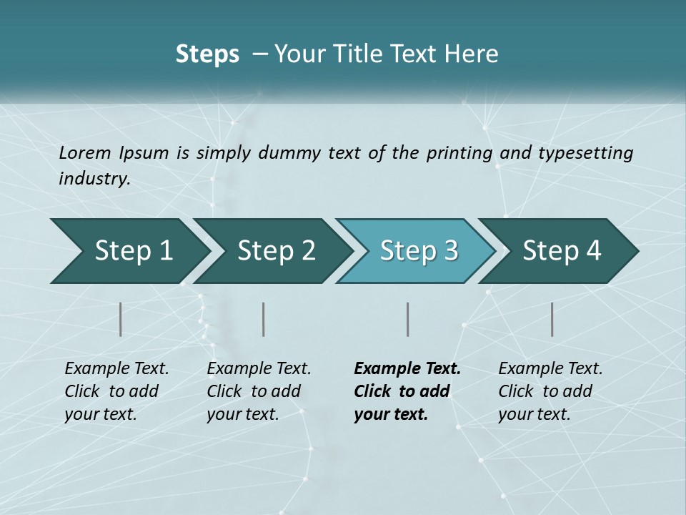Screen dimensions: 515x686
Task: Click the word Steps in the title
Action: point(207,54)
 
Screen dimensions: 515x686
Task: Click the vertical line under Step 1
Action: point(121,319)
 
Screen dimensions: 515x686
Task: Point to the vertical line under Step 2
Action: point(264,319)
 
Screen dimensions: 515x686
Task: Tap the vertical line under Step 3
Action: point(408,319)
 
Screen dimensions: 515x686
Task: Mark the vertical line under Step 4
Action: point(552,319)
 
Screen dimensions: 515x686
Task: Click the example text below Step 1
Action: point(116,391)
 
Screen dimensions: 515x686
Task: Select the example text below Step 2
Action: point(259,391)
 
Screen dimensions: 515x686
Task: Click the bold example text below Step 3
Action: point(407,391)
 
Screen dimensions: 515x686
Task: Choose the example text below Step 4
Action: point(550,391)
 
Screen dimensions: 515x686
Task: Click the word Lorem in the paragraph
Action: point(85,153)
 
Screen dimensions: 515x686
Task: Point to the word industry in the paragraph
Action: point(94,179)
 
